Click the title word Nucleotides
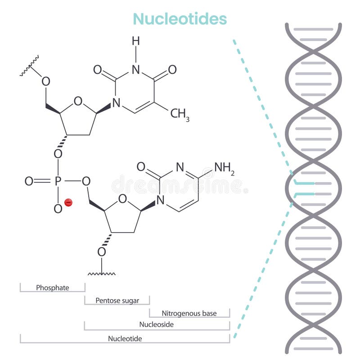click(180, 19)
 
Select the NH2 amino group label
click(224, 167)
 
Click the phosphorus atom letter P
click(58, 181)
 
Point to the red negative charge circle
click(68, 203)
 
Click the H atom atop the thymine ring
click(136, 41)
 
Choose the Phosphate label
click(53, 288)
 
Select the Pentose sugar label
click(117, 300)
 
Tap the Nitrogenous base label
click(189, 313)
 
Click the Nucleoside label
click(157, 324)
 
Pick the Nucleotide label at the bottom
click(125, 338)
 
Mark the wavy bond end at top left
click(30, 66)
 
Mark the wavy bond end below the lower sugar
click(102, 273)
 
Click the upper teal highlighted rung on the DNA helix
click(304, 183)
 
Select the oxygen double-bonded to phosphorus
click(29, 181)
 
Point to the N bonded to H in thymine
click(136, 70)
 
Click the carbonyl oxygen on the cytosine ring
click(141, 167)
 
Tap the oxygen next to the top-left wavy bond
click(45, 81)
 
